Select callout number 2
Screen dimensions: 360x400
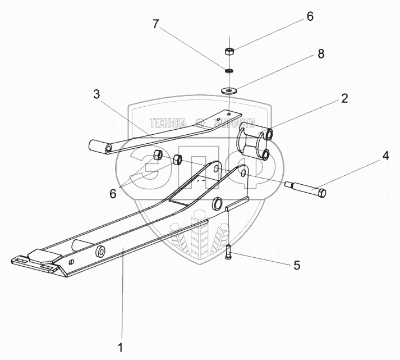344,99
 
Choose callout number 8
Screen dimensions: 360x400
320,54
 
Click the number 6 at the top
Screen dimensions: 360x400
309,17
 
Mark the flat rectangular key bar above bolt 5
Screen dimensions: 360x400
237,203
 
